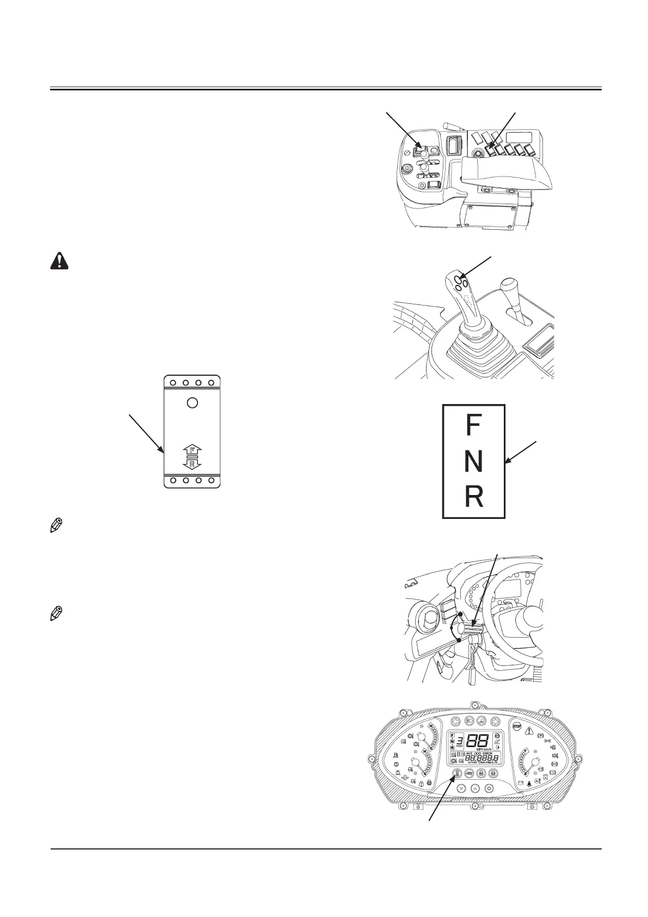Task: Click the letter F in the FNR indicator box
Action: coord(473,425)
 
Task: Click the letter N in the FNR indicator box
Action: coord(473,461)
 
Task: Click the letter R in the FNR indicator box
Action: coord(473,497)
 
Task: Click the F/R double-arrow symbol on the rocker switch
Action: coord(192,456)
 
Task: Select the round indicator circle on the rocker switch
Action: coord(192,403)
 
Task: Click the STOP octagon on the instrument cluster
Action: coord(516,728)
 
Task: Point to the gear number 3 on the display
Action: coord(460,741)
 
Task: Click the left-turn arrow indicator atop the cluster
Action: coord(455,721)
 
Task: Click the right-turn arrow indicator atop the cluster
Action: coord(495,721)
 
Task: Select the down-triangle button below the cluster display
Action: coord(461,788)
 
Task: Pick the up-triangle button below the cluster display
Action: coord(475,788)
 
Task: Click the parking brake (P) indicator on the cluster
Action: coord(541,736)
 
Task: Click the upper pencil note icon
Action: coord(55,526)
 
